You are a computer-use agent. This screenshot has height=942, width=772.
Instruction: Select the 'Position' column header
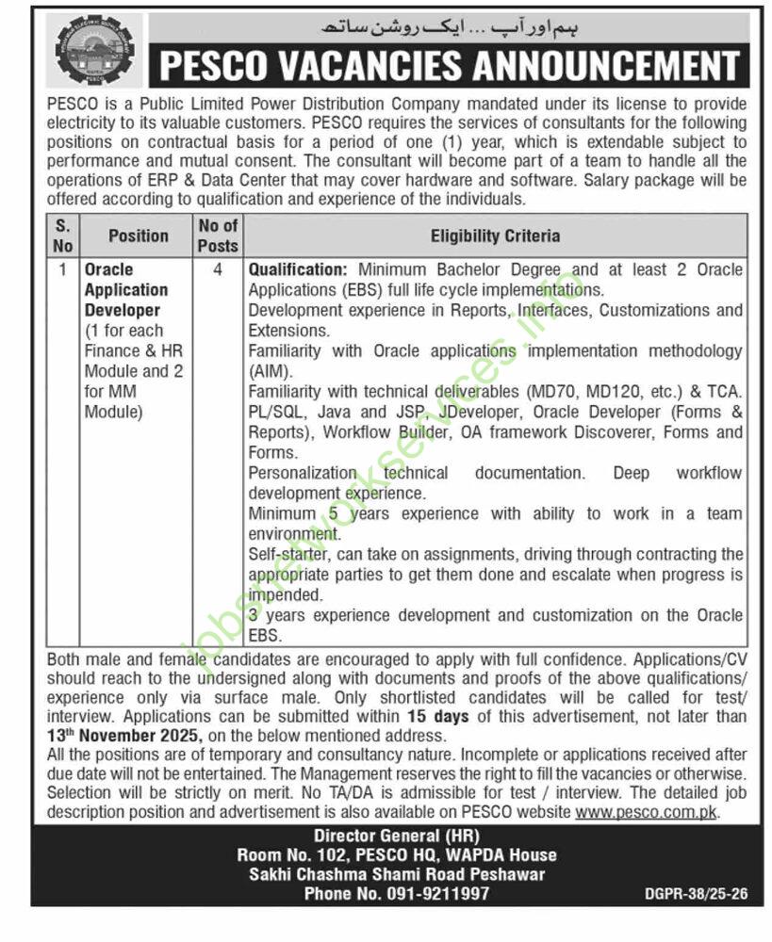(138, 235)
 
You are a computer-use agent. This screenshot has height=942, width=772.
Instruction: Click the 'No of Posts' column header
(218, 235)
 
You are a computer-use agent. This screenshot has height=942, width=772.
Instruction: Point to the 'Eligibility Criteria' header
(495, 235)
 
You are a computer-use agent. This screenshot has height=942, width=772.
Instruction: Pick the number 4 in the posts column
(218, 270)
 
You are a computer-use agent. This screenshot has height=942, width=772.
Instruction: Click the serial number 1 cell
(62, 270)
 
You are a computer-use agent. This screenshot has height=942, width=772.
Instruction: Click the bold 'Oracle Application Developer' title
(126, 289)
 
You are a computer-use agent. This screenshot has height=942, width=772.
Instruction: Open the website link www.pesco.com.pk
(647, 811)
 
